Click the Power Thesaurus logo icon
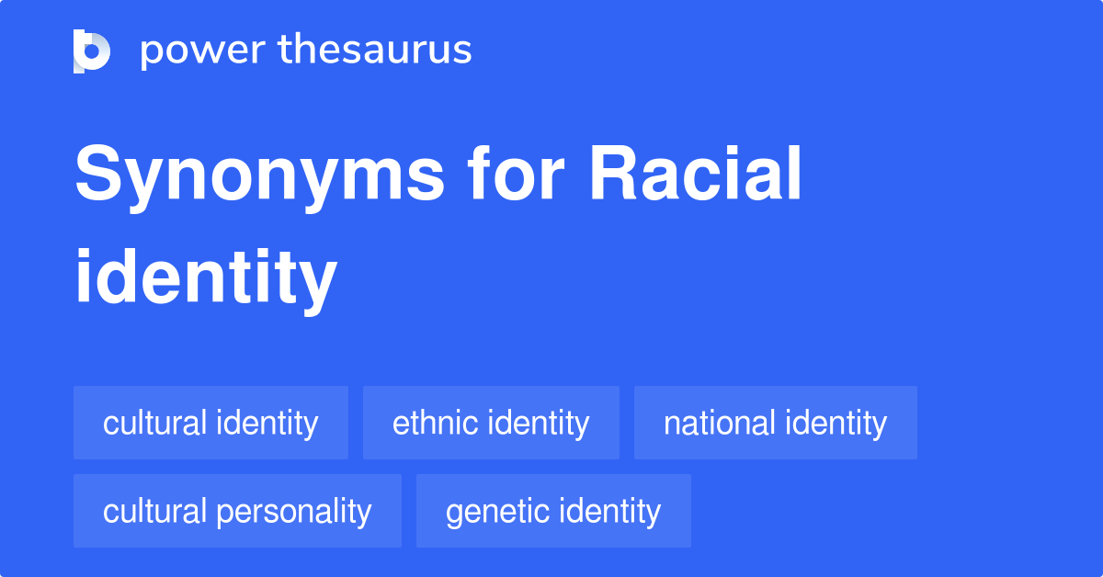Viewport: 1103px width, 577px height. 92,51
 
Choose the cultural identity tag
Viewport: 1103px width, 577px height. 210,423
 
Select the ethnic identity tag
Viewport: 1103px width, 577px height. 491,423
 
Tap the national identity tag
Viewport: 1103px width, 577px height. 775,423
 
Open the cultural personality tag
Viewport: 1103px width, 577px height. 237,511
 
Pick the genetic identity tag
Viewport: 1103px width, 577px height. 552,511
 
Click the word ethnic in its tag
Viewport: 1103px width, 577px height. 435,423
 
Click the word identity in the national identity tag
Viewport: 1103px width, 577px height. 835,423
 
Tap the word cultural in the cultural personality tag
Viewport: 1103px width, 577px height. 154,511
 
